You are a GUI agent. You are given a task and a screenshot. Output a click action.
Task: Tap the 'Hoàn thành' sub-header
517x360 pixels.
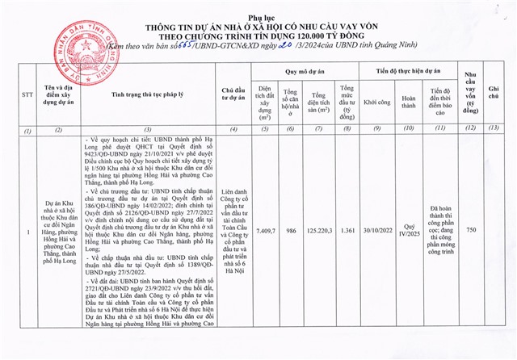point(408,103)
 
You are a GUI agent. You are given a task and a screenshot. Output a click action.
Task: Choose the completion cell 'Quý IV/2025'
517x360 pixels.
point(408,231)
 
